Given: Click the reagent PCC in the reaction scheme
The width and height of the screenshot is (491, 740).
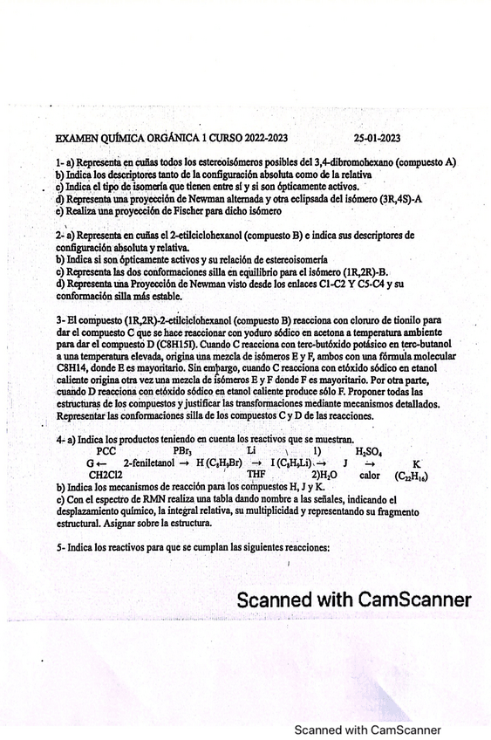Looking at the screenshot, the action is [106, 450].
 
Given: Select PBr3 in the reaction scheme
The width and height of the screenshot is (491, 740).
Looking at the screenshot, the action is [182, 450].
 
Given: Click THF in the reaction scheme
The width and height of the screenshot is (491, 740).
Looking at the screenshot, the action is [256, 475].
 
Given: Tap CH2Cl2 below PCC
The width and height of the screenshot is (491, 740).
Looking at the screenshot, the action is [107, 475].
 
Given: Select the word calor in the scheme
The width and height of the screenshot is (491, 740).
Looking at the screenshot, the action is [369, 475].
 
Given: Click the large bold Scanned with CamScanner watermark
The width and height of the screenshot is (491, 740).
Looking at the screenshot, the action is [354, 600].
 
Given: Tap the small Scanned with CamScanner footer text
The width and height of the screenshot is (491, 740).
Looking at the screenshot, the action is [367, 730].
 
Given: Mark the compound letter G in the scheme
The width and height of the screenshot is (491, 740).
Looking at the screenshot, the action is [91, 462].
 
